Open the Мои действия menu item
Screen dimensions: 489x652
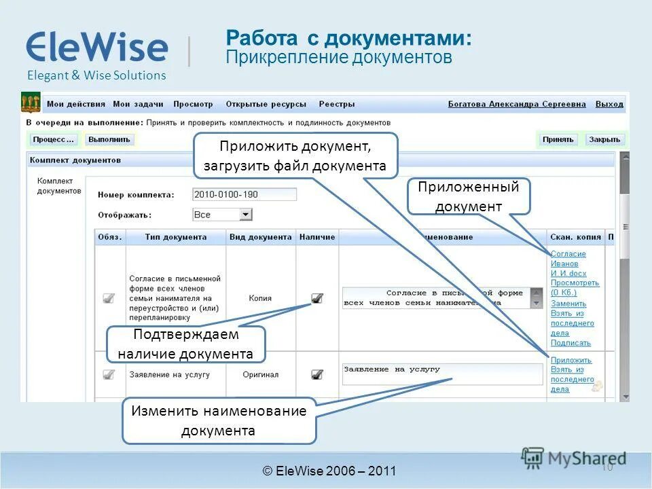pyautogui.click(x=76, y=105)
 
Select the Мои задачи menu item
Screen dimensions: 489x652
pyautogui.click(x=138, y=105)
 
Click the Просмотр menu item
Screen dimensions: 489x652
pyautogui.click(x=193, y=105)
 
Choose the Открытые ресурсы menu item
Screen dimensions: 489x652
pyautogui.click(x=266, y=105)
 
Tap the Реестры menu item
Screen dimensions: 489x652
pyautogui.click(x=337, y=105)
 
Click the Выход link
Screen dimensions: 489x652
pyautogui.click(x=609, y=105)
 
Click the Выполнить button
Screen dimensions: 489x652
pyautogui.click(x=109, y=139)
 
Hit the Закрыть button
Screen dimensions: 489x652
pyautogui.click(x=604, y=139)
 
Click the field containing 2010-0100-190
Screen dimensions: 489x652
pyautogui.click(x=244, y=194)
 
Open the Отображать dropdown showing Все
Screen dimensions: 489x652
pyautogui.click(x=222, y=215)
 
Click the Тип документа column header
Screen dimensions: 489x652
pyautogui.click(x=175, y=237)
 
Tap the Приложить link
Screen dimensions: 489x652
pyautogui.click(x=571, y=361)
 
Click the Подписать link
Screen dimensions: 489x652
pyautogui.click(x=570, y=343)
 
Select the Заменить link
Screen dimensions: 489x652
pyautogui.click(x=568, y=304)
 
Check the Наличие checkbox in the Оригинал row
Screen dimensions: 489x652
pyautogui.click(x=317, y=374)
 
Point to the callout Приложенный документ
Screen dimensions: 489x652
pyautogui.click(x=468, y=196)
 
